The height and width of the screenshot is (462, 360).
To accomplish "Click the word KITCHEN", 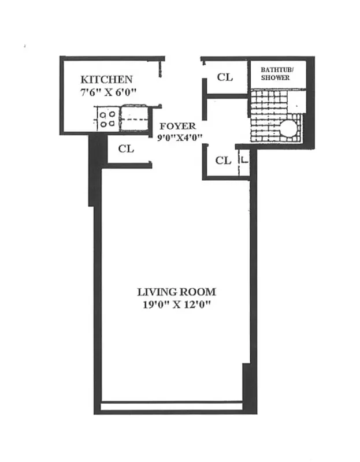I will click(x=106, y=80).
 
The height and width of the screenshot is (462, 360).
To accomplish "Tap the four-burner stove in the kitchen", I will click(x=106, y=119).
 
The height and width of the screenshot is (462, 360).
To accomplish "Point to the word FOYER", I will click(x=177, y=126).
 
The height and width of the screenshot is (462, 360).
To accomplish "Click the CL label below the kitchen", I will click(x=126, y=149).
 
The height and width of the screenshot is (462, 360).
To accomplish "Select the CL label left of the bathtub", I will click(x=224, y=77).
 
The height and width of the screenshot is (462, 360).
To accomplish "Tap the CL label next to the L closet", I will click(x=223, y=161).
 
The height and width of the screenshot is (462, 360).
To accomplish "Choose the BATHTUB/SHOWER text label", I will click(x=276, y=73).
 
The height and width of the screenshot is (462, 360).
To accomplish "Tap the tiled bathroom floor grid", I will click(x=267, y=115).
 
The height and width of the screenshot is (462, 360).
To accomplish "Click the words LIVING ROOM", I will click(x=176, y=292).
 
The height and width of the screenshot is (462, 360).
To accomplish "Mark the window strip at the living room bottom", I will click(x=172, y=407).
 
